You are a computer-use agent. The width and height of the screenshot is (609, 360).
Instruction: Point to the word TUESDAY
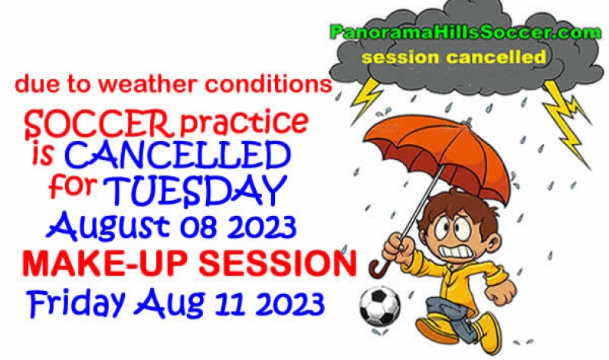(x=195, y=188)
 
